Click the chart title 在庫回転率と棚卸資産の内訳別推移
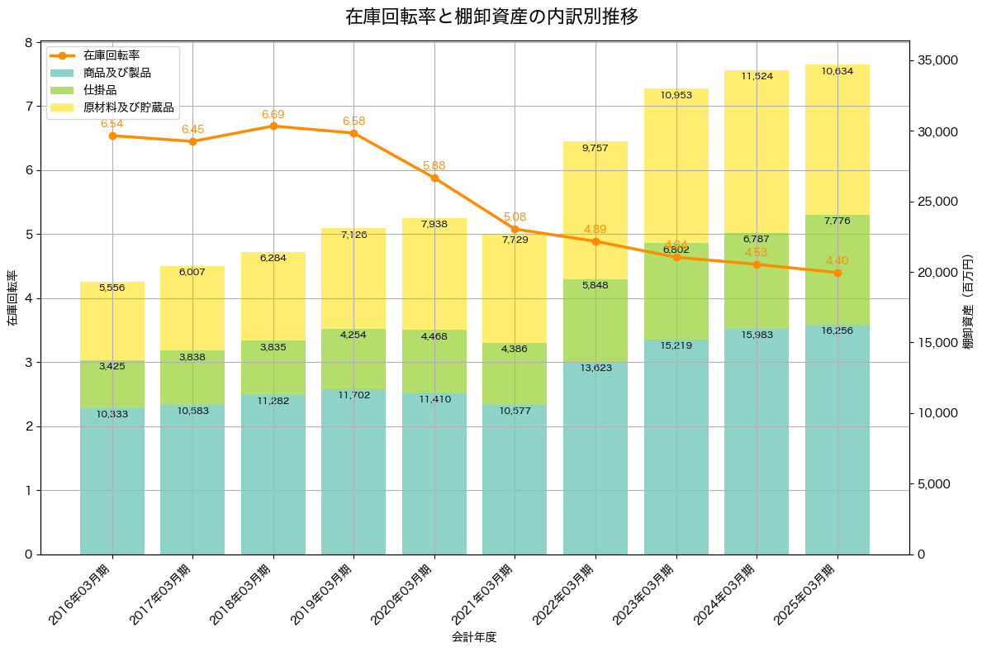tap(491, 17)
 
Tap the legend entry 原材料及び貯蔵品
tap(128, 107)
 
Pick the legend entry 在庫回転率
tap(111, 55)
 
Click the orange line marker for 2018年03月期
tap(273, 126)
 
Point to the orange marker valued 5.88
tap(434, 178)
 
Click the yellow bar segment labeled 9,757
tap(595, 211)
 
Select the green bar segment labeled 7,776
tap(837, 270)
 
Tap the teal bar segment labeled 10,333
tap(112, 481)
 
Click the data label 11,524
tap(757, 76)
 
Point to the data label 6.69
tap(273, 114)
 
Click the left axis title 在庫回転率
tap(12, 298)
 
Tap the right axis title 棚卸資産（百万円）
tap(969, 298)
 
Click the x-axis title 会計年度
tap(474, 637)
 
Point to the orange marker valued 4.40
tap(837, 273)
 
